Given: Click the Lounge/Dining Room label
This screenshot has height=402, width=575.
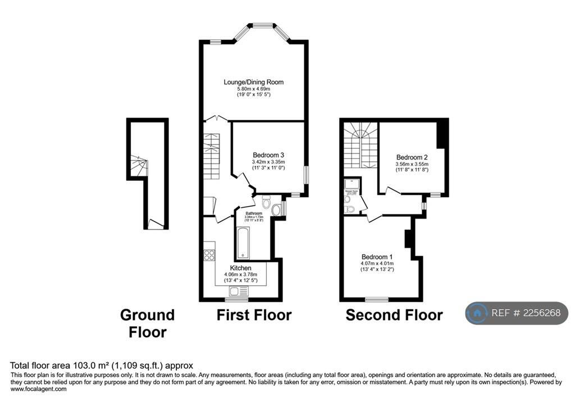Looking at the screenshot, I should [x=253, y=82].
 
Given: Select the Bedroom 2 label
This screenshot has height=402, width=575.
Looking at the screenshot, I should [x=412, y=157].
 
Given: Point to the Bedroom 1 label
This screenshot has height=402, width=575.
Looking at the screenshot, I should [x=377, y=256].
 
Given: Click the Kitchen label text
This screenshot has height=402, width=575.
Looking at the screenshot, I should [x=241, y=268].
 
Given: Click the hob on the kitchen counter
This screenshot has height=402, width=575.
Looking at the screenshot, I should [x=209, y=254].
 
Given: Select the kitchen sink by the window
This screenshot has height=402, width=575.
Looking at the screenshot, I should [x=238, y=290].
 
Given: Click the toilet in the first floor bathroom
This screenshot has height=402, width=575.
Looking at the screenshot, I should [x=266, y=201].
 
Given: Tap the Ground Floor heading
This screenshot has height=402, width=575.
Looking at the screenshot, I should [x=147, y=323].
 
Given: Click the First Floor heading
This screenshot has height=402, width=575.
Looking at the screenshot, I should [x=254, y=315].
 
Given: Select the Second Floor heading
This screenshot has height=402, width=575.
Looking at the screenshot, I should [x=394, y=315].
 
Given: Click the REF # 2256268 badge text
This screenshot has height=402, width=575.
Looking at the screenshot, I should [x=526, y=313].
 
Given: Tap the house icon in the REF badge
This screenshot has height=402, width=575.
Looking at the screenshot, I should [x=477, y=313].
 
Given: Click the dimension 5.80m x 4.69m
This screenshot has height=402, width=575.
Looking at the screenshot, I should [x=253, y=89].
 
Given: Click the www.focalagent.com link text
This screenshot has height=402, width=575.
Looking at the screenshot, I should [x=38, y=389].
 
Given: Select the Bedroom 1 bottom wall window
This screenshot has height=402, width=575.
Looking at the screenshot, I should [x=376, y=299].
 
